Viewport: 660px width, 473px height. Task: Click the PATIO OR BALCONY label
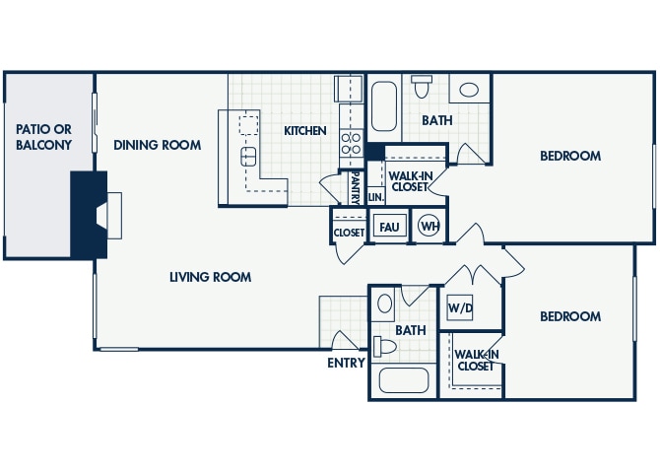point(43,137)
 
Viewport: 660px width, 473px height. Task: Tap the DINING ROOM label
point(157,145)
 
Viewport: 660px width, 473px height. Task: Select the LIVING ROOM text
point(209,277)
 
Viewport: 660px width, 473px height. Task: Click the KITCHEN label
point(305,130)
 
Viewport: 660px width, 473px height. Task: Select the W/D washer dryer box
point(460,307)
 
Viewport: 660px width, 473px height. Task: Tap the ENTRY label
point(346,363)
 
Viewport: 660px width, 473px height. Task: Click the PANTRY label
point(355,185)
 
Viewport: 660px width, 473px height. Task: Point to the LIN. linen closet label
point(375,197)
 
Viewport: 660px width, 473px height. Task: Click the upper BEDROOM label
point(570,156)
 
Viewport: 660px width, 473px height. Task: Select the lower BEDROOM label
point(570,316)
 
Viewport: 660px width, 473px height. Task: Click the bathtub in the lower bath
point(404,379)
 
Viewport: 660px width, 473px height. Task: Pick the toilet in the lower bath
point(386,346)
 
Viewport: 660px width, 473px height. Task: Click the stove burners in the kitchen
point(352,145)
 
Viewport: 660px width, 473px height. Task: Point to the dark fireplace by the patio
point(89,214)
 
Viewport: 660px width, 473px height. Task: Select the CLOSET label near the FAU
point(349,234)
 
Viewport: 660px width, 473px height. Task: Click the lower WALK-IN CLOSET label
point(475,360)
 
